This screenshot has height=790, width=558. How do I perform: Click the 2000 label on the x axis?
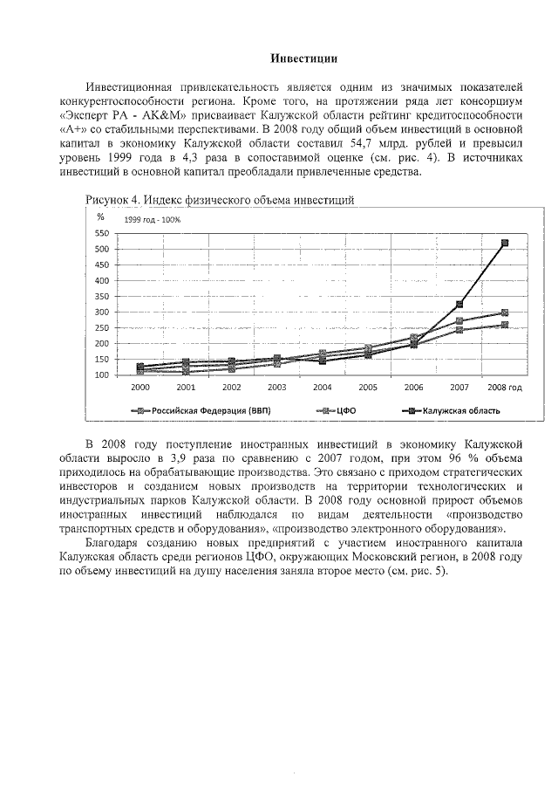tap(140, 387)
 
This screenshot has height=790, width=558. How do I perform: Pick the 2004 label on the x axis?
tap(322, 387)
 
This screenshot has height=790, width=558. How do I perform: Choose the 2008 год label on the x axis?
tap(503, 387)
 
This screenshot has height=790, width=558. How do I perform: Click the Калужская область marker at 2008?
tap(504, 244)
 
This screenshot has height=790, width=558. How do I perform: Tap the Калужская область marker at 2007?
tap(459, 305)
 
